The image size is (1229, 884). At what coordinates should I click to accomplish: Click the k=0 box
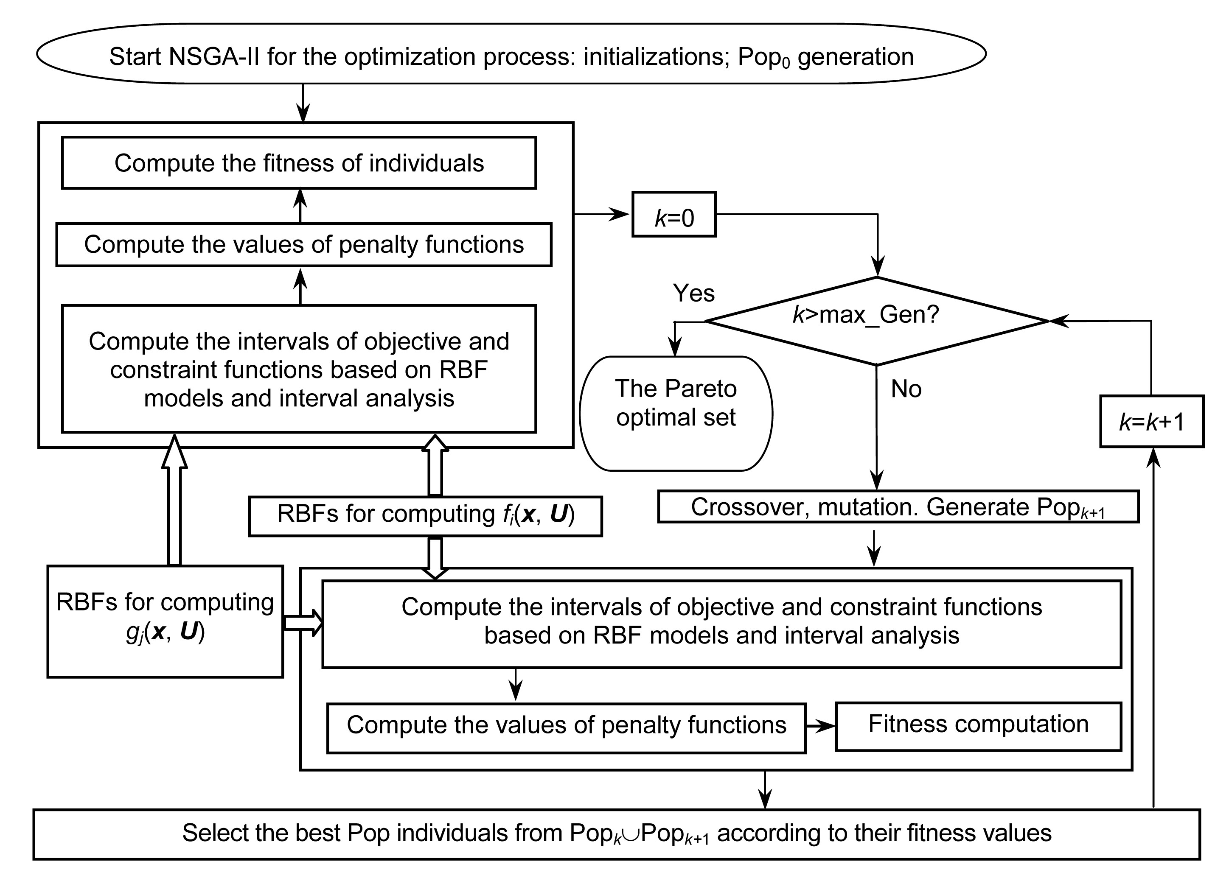[x=673, y=215]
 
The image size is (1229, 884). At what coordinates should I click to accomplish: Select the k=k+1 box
[x=1151, y=421]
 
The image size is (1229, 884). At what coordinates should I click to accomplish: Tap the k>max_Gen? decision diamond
[x=877, y=321]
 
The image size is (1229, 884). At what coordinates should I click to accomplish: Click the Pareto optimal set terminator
[x=676, y=413]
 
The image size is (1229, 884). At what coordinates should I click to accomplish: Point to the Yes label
[x=693, y=293]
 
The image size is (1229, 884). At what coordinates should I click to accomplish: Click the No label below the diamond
[x=906, y=389]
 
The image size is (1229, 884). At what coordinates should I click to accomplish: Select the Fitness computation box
[x=978, y=726]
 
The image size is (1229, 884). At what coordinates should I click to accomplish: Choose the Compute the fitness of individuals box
[x=299, y=163]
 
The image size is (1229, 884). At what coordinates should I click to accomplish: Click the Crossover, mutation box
[x=898, y=507]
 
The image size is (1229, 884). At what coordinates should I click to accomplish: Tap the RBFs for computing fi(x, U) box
[x=425, y=516]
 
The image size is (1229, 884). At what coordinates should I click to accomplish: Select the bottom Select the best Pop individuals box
[x=616, y=834]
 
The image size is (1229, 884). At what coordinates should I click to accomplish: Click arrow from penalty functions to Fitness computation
[x=820, y=726]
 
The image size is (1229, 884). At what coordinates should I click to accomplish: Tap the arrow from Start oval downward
[x=303, y=103]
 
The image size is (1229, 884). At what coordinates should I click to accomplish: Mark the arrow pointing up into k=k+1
[x=1154, y=623]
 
